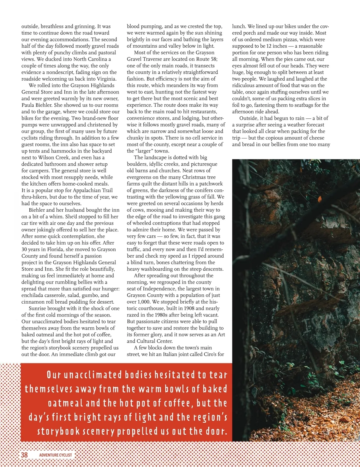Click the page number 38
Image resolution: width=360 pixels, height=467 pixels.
tap(24, 455)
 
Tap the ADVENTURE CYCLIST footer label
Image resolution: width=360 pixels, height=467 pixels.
tap(55, 455)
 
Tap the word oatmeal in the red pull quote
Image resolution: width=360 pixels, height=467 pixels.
tap(66, 403)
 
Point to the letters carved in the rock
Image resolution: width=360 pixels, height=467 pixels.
tap(318, 323)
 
